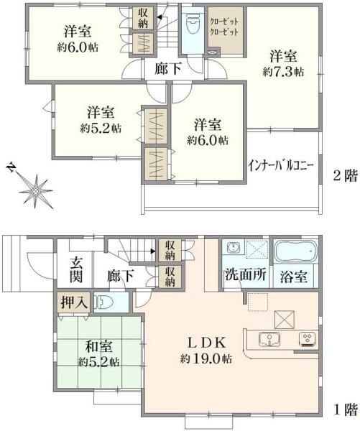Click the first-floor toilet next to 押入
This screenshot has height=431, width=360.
tap(104, 303)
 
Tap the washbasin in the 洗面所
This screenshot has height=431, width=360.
tap(233, 249)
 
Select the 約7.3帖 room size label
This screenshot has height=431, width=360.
tap(283, 73)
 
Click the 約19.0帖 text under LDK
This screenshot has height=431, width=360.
tap(206, 358)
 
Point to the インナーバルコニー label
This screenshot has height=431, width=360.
tap(281, 166)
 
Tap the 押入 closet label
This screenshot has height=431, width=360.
tap(75, 302)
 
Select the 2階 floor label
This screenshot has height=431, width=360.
tap(346, 176)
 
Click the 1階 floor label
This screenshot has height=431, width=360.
tap(346, 410)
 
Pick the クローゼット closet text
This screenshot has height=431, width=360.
tap(224, 27)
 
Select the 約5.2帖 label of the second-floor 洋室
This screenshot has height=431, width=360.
tap(101, 128)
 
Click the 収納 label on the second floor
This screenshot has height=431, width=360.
tap(143, 18)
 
